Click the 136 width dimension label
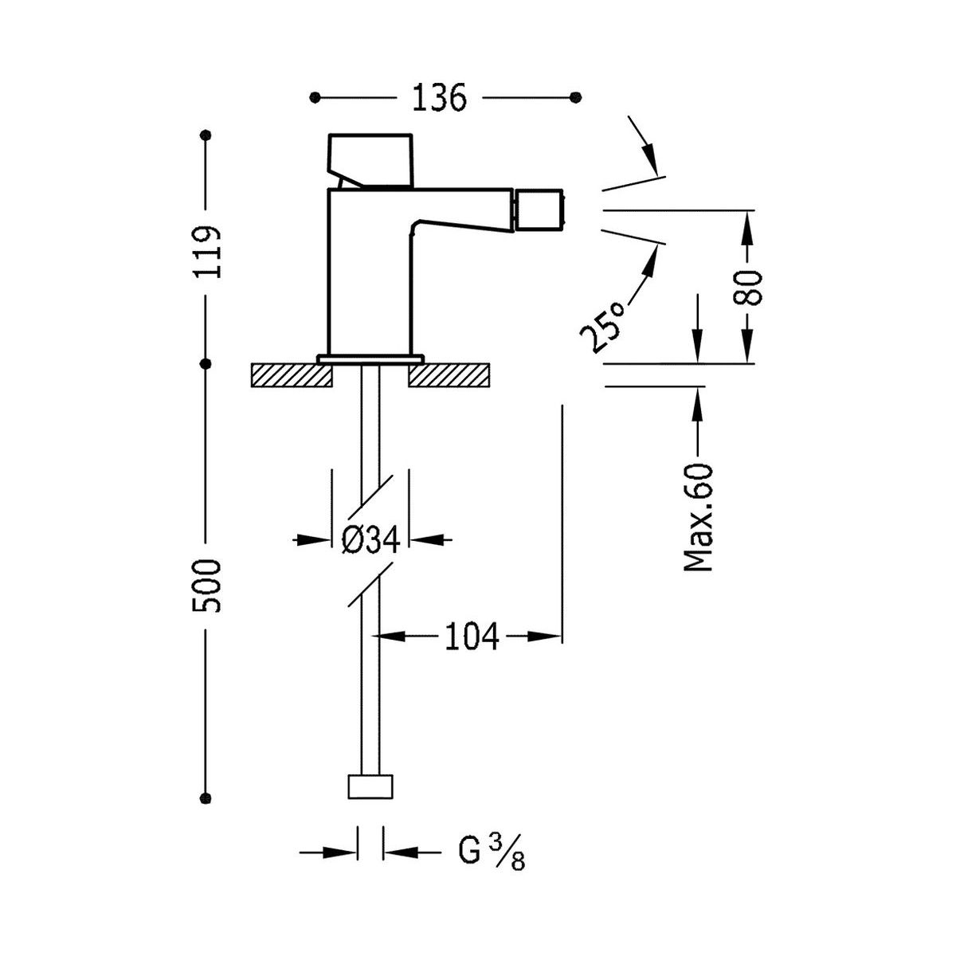point(438,98)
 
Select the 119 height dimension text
point(207,252)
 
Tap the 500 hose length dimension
point(207,585)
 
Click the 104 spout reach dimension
point(472,637)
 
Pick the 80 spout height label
point(750,288)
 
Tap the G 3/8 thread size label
point(491,853)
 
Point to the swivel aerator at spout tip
point(539,207)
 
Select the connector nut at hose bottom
point(371,786)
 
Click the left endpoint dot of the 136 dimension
point(315,97)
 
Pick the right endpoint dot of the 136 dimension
point(577,97)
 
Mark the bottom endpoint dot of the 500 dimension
point(207,797)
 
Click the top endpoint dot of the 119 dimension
point(207,136)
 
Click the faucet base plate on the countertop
point(370,358)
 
